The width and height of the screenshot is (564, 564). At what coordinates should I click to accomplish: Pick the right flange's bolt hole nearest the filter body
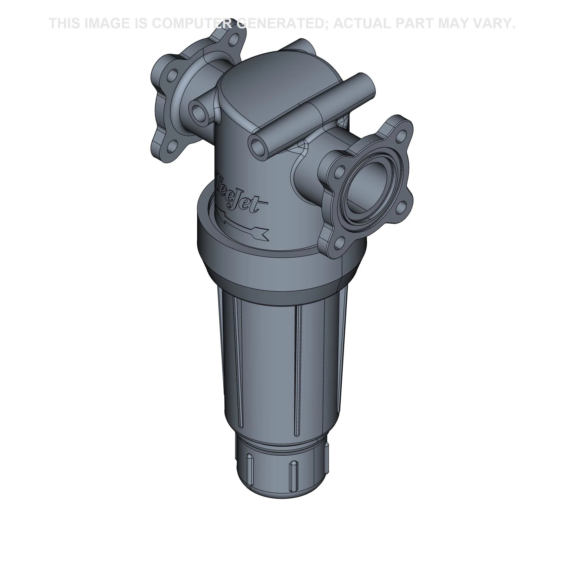coord(339,173)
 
